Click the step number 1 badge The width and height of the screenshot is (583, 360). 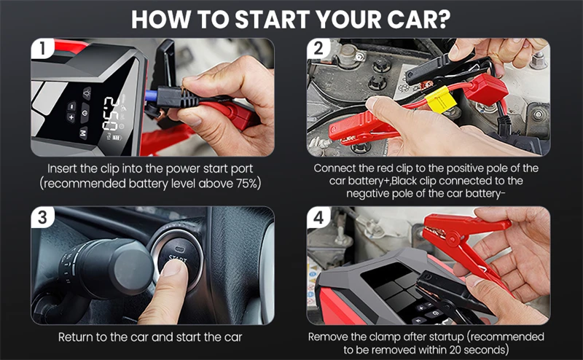point(42,48)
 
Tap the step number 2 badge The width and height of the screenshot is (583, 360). point(318,48)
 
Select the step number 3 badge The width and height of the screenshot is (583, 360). point(42,217)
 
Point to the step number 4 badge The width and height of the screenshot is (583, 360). point(318,217)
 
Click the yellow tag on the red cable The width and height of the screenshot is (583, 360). point(440,99)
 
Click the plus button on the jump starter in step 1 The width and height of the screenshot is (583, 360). point(71,118)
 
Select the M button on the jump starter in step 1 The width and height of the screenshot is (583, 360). point(83,133)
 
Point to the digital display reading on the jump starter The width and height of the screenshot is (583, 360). point(111,113)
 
